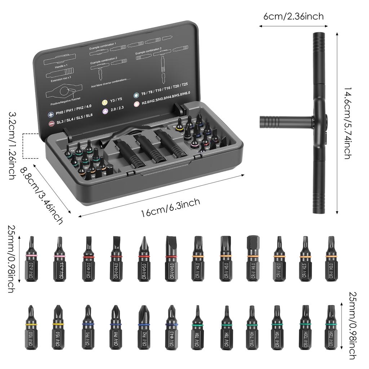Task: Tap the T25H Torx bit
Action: pyautogui.click(x=330, y=327)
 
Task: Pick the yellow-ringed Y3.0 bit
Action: pyautogui.click(x=31, y=327)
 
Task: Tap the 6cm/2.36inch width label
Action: pyautogui.click(x=293, y=17)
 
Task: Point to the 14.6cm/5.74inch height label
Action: pyautogui.click(x=347, y=123)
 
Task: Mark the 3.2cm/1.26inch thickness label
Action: pyautogui.click(x=12, y=146)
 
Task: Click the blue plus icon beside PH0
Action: pyautogui.click(x=51, y=115)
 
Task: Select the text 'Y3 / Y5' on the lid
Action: pyautogui.click(x=117, y=100)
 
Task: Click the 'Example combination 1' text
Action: pyautogui.click(x=103, y=44)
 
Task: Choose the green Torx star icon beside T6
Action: pyautogui.click(x=136, y=95)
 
